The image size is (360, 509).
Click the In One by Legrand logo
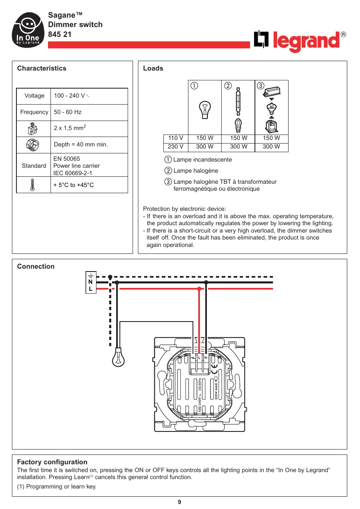[x=28, y=30]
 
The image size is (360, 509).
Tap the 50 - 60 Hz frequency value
[x=68, y=112]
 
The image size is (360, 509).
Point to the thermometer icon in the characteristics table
[x=32, y=185]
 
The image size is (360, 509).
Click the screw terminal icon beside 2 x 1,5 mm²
[x=33, y=129]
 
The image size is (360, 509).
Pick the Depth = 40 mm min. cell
[x=81, y=144]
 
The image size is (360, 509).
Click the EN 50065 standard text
[x=66, y=159]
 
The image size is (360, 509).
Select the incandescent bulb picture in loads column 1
[x=205, y=110]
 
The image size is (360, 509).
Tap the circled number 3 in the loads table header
[x=260, y=86]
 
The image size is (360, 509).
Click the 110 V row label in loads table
[x=176, y=138]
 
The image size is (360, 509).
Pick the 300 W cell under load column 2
[x=238, y=146]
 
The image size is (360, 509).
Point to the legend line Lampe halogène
[x=191, y=171]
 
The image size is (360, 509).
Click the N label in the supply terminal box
[x=90, y=282]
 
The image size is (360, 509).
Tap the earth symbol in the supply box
[x=91, y=276]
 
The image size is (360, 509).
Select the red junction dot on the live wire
[x=199, y=289]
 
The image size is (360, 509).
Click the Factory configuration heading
[x=52, y=462]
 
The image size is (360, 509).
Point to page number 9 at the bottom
[x=179, y=502]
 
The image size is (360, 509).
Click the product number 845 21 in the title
[x=60, y=34]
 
